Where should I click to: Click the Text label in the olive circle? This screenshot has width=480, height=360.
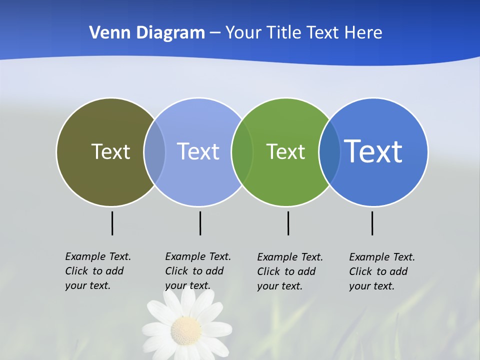pos(110,151)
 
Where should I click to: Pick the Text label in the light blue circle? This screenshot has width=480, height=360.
pos(198,151)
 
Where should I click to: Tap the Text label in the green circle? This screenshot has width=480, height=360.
pos(285,151)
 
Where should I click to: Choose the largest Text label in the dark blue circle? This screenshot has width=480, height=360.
pos(373,151)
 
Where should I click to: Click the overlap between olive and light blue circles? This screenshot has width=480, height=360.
pos(154,152)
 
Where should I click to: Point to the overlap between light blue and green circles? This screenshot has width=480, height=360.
pos(242,152)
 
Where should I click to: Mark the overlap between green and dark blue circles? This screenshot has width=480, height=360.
pos(329,152)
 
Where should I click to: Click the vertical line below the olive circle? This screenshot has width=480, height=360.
pos(112,223)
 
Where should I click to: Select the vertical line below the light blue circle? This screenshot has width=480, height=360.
pos(200,223)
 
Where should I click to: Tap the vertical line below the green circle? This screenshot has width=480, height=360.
pos(288,223)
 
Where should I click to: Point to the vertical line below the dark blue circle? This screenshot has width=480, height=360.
pos(372,223)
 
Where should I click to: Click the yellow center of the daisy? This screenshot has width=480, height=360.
pos(186,330)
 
